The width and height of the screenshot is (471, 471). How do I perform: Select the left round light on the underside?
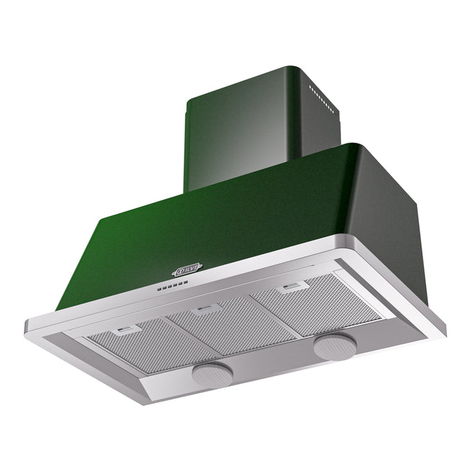pos(213,371)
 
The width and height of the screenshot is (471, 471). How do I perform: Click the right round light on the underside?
pos(334,347)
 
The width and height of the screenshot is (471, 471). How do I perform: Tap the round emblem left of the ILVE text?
pos(179,273)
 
